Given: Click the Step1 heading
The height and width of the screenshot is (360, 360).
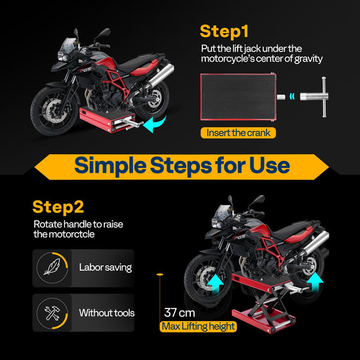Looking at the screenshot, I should pos(224,31).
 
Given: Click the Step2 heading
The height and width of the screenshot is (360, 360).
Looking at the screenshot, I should pos(58,208).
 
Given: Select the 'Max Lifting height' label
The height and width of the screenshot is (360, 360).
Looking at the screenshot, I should pos(199,327).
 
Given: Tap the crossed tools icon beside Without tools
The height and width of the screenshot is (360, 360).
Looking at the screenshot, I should pos(52,313).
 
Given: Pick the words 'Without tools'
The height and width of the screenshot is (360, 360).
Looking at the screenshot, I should pos(107,313).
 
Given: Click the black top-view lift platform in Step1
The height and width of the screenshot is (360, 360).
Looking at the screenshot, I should pos(237,96).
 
